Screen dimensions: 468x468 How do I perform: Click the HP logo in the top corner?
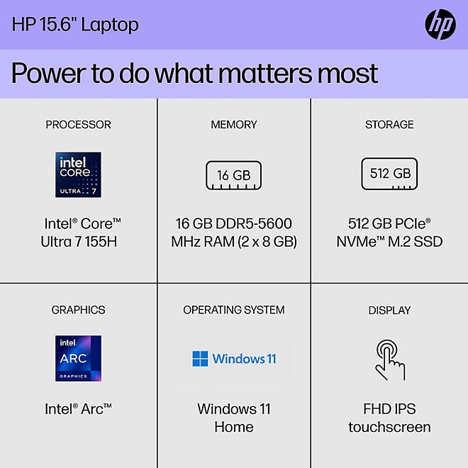point(440,26)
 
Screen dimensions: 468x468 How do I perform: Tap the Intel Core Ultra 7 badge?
point(78,174)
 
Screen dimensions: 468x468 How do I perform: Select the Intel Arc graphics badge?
point(78,358)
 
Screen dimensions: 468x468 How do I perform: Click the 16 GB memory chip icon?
point(233,175)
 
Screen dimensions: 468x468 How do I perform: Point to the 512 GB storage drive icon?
point(389,174)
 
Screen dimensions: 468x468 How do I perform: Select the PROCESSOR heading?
point(78,125)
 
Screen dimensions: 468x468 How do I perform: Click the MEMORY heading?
point(233,125)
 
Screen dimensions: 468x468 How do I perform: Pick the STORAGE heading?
point(389,125)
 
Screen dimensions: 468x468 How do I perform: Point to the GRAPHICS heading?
point(78,310)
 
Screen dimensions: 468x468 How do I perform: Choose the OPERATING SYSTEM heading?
point(233,310)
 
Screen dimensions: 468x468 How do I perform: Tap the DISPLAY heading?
point(389,310)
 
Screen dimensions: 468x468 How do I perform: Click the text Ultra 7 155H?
point(78,242)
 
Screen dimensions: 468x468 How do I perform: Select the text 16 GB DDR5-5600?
point(233,223)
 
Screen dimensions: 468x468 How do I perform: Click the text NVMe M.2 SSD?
point(389,242)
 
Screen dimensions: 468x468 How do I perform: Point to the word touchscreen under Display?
point(389,427)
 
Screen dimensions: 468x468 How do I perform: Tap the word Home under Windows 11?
point(233,427)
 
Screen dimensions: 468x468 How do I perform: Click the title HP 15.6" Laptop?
point(75,25)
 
